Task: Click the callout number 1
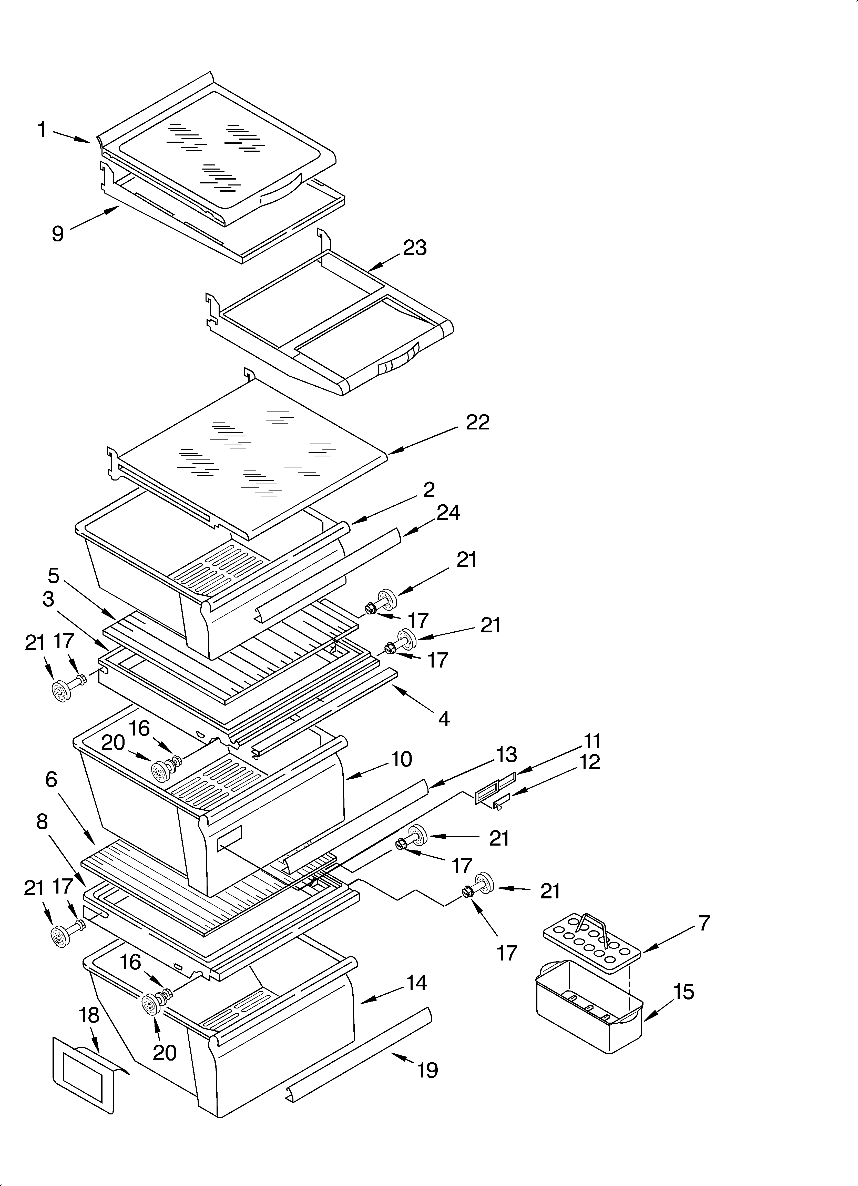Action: pos(42,130)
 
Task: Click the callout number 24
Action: pos(448,513)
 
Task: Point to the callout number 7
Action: pos(704,924)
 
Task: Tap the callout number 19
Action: pos(427,1070)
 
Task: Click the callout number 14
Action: pos(416,983)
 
